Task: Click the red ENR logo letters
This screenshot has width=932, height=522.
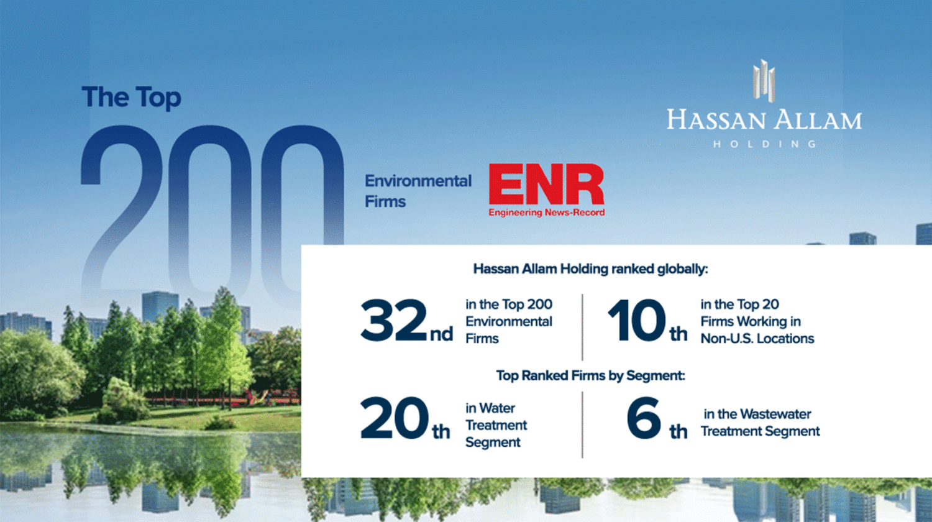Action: [546, 184]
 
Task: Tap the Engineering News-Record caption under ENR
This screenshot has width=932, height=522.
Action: [546, 213]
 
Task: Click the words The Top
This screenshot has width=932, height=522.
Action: [131, 98]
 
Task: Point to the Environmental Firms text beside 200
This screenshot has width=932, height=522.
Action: [418, 191]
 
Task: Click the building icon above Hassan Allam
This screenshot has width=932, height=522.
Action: [764, 80]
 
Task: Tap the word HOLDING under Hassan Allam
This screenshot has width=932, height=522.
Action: [764, 144]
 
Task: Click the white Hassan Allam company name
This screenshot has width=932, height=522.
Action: [764, 119]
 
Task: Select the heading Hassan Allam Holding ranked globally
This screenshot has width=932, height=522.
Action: [590, 269]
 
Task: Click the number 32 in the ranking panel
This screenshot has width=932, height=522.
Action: [393, 321]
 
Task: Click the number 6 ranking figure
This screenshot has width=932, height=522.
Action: [644, 418]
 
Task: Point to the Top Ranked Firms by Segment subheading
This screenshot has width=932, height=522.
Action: [590, 375]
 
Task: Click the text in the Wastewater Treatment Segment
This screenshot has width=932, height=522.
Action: [760, 423]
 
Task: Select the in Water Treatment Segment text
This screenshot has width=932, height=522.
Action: [496, 425]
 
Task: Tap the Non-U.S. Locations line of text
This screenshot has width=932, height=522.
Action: [757, 339]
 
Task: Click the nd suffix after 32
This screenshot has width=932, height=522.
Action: [441, 334]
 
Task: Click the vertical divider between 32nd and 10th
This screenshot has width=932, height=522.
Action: [582, 327]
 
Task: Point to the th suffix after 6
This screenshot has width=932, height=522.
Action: [678, 431]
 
